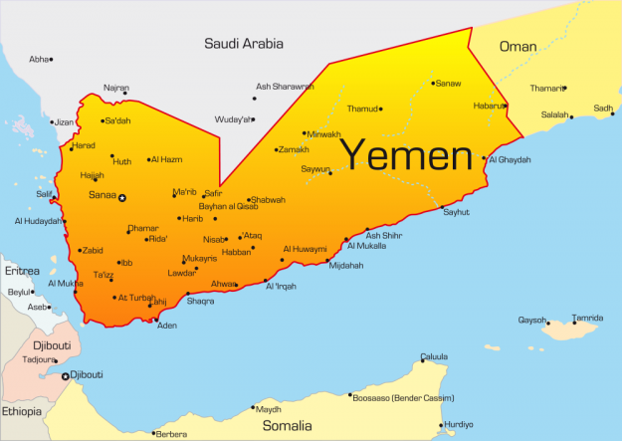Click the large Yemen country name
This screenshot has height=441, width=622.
click(x=406, y=155)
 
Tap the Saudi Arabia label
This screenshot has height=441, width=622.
click(x=244, y=43)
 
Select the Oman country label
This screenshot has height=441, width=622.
click(x=518, y=46)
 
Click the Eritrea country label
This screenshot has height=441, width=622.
click(x=22, y=271)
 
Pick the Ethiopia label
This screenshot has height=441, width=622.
click(x=22, y=411)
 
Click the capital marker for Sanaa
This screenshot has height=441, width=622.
click(x=122, y=198)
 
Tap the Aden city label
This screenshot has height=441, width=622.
click(x=167, y=326)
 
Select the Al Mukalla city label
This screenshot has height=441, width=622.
click(x=366, y=244)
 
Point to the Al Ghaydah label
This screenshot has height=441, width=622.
click(x=509, y=159)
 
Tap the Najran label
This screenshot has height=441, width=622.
click(x=116, y=88)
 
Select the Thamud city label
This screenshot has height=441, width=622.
click(x=360, y=109)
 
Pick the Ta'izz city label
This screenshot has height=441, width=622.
click(x=104, y=274)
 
